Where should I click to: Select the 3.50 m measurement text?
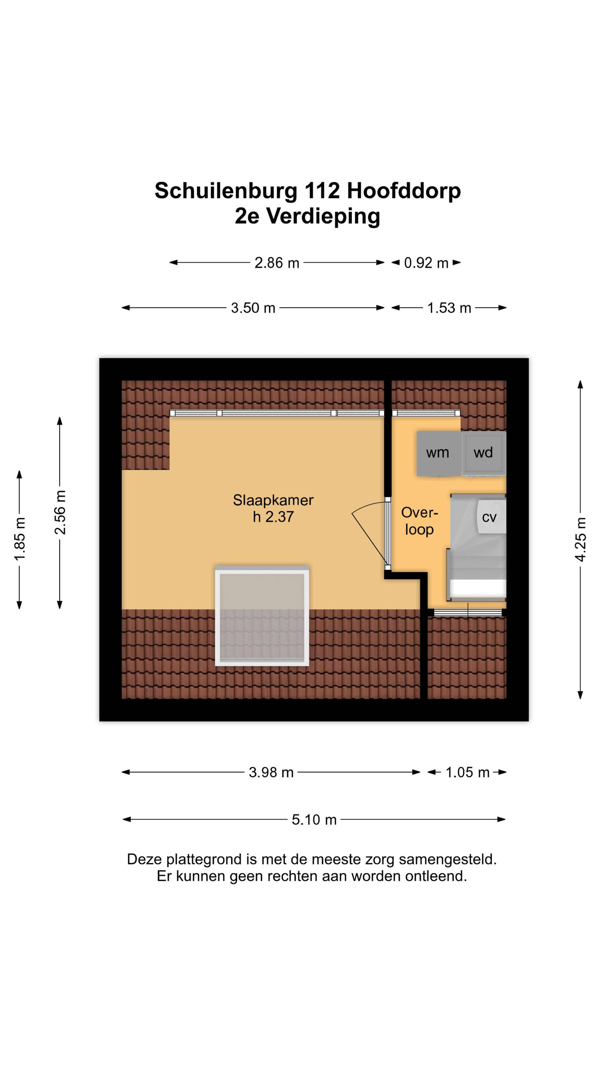point(253,308)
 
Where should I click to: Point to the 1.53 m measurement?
point(449,308)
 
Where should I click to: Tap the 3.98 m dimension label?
point(271,772)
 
